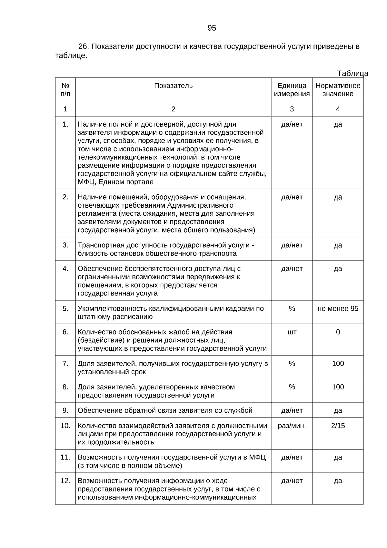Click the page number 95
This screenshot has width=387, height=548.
click(x=212, y=28)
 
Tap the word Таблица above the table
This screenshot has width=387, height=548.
click(x=352, y=73)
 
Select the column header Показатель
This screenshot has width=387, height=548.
click(x=173, y=86)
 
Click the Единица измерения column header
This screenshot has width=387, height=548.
click(x=292, y=90)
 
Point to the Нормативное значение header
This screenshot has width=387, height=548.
click(x=338, y=90)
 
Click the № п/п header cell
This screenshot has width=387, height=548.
click(x=65, y=90)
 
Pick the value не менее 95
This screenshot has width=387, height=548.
click(x=338, y=308)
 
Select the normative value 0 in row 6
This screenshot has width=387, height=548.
click(x=338, y=332)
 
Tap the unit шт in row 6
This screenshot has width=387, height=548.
click(x=292, y=332)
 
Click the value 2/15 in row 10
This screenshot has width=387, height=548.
click(x=338, y=426)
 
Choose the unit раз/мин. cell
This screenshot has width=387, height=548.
click(x=292, y=426)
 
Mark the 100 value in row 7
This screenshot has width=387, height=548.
click(x=338, y=364)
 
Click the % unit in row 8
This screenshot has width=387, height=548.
click(x=292, y=387)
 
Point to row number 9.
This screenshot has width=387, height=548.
click(x=65, y=410)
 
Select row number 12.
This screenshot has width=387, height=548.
click(x=65, y=481)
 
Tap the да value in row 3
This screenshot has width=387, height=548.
click(x=338, y=245)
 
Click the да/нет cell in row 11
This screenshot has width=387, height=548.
click(x=292, y=457)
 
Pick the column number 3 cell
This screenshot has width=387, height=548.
click(x=292, y=109)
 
